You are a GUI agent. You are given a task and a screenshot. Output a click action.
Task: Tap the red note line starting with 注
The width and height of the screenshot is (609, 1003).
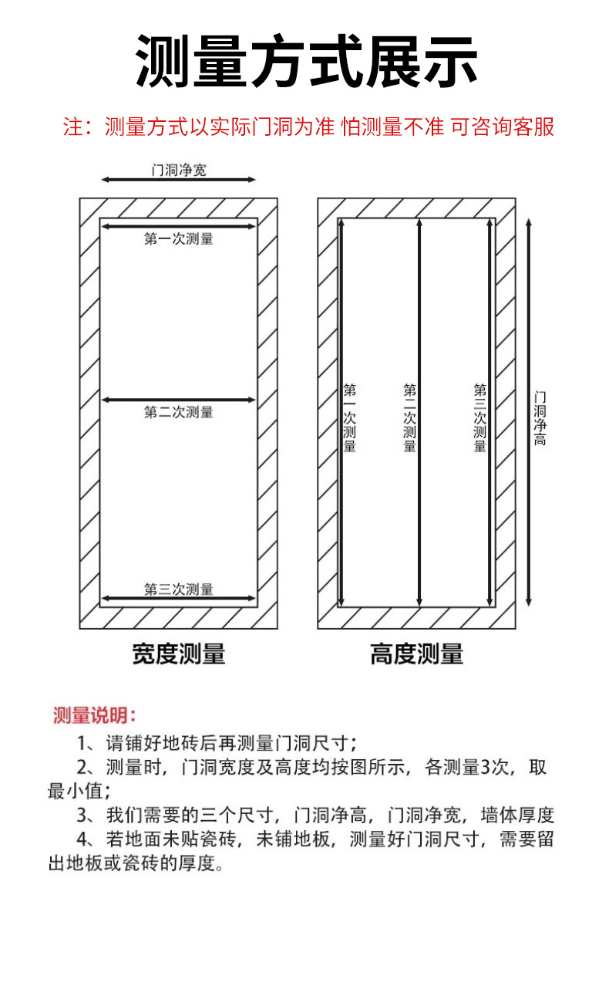point(308,127)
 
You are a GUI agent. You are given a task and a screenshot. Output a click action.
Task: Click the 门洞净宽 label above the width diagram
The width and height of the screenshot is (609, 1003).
point(179,171)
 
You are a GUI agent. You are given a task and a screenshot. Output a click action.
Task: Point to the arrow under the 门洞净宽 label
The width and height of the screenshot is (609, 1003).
point(179,180)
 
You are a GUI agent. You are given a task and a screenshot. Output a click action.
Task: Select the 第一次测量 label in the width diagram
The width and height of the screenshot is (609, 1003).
point(179,238)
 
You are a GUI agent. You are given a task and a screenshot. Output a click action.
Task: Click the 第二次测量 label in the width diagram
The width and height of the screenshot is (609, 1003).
point(179,412)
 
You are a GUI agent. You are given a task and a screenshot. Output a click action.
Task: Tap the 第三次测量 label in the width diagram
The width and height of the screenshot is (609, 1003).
point(179,589)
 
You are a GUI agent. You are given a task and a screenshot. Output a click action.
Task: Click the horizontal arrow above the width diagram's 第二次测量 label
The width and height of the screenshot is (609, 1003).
point(179,400)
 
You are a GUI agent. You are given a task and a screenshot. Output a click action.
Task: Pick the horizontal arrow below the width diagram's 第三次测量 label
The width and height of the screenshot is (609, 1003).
point(179,598)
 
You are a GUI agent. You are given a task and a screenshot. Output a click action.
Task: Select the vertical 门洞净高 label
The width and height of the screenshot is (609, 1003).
point(540,419)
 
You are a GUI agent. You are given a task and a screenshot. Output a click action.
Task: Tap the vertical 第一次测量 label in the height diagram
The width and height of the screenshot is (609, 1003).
point(349,417)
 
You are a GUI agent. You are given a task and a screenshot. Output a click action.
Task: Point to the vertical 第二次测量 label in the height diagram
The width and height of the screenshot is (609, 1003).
point(409,417)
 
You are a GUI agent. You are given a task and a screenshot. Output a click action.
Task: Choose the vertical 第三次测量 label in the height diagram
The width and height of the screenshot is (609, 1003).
point(479,417)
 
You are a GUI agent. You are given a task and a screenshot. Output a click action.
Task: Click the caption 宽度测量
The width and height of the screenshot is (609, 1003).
point(179,653)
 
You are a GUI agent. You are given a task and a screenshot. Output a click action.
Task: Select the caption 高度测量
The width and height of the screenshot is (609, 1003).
point(416,653)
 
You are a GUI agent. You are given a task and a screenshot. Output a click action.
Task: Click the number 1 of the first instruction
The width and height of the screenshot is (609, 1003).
point(82,744)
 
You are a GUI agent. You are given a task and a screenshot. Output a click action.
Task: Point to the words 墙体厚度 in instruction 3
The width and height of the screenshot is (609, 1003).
point(518,815)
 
